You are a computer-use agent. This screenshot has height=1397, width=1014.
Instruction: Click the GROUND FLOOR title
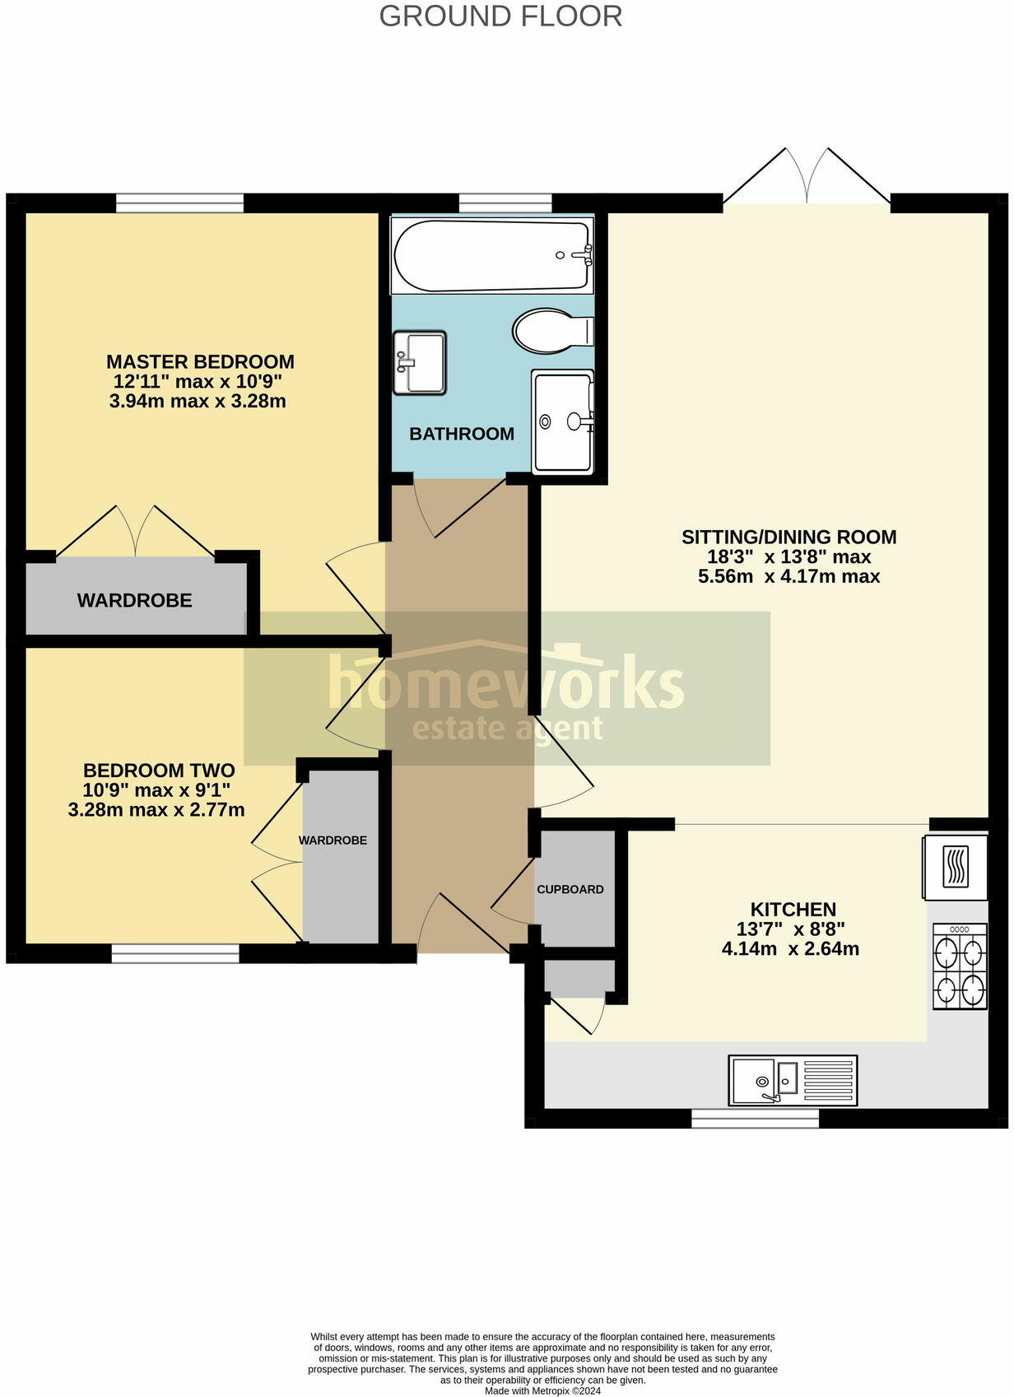tap(500, 16)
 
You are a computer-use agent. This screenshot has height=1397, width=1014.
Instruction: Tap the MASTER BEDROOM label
tap(200, 362)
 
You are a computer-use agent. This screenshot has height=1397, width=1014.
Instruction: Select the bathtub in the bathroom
tap(491, 255)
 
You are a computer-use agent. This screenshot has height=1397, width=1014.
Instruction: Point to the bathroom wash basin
tap(419, 363)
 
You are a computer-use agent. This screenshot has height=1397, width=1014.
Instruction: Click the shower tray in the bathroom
tap(561, 421)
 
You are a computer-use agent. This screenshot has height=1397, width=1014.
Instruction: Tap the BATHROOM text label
tap(462, 434)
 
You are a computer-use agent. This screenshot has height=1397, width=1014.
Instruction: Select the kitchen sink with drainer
tap(793, 1080)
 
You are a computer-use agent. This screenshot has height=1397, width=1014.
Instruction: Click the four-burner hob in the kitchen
tap(959, 966)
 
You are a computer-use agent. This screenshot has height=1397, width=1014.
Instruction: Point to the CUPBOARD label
tap(570, 890)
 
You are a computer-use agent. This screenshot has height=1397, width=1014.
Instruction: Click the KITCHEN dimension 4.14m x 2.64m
tap(790, 949)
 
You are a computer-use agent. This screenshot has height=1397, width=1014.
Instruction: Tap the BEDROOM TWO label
tap(159, 771)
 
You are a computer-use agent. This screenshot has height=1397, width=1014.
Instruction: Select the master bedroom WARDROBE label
tap(135, 601)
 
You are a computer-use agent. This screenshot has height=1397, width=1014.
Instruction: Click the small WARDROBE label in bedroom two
tap(333, 841)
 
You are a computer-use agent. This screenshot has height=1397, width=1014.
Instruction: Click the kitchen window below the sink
tap(755, 1118)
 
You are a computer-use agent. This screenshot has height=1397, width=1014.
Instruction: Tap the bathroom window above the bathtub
tap(505, 203)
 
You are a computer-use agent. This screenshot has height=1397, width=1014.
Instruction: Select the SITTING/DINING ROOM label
tap(788, 538)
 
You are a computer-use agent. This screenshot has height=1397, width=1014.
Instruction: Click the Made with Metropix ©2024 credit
tap(542, 1391)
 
